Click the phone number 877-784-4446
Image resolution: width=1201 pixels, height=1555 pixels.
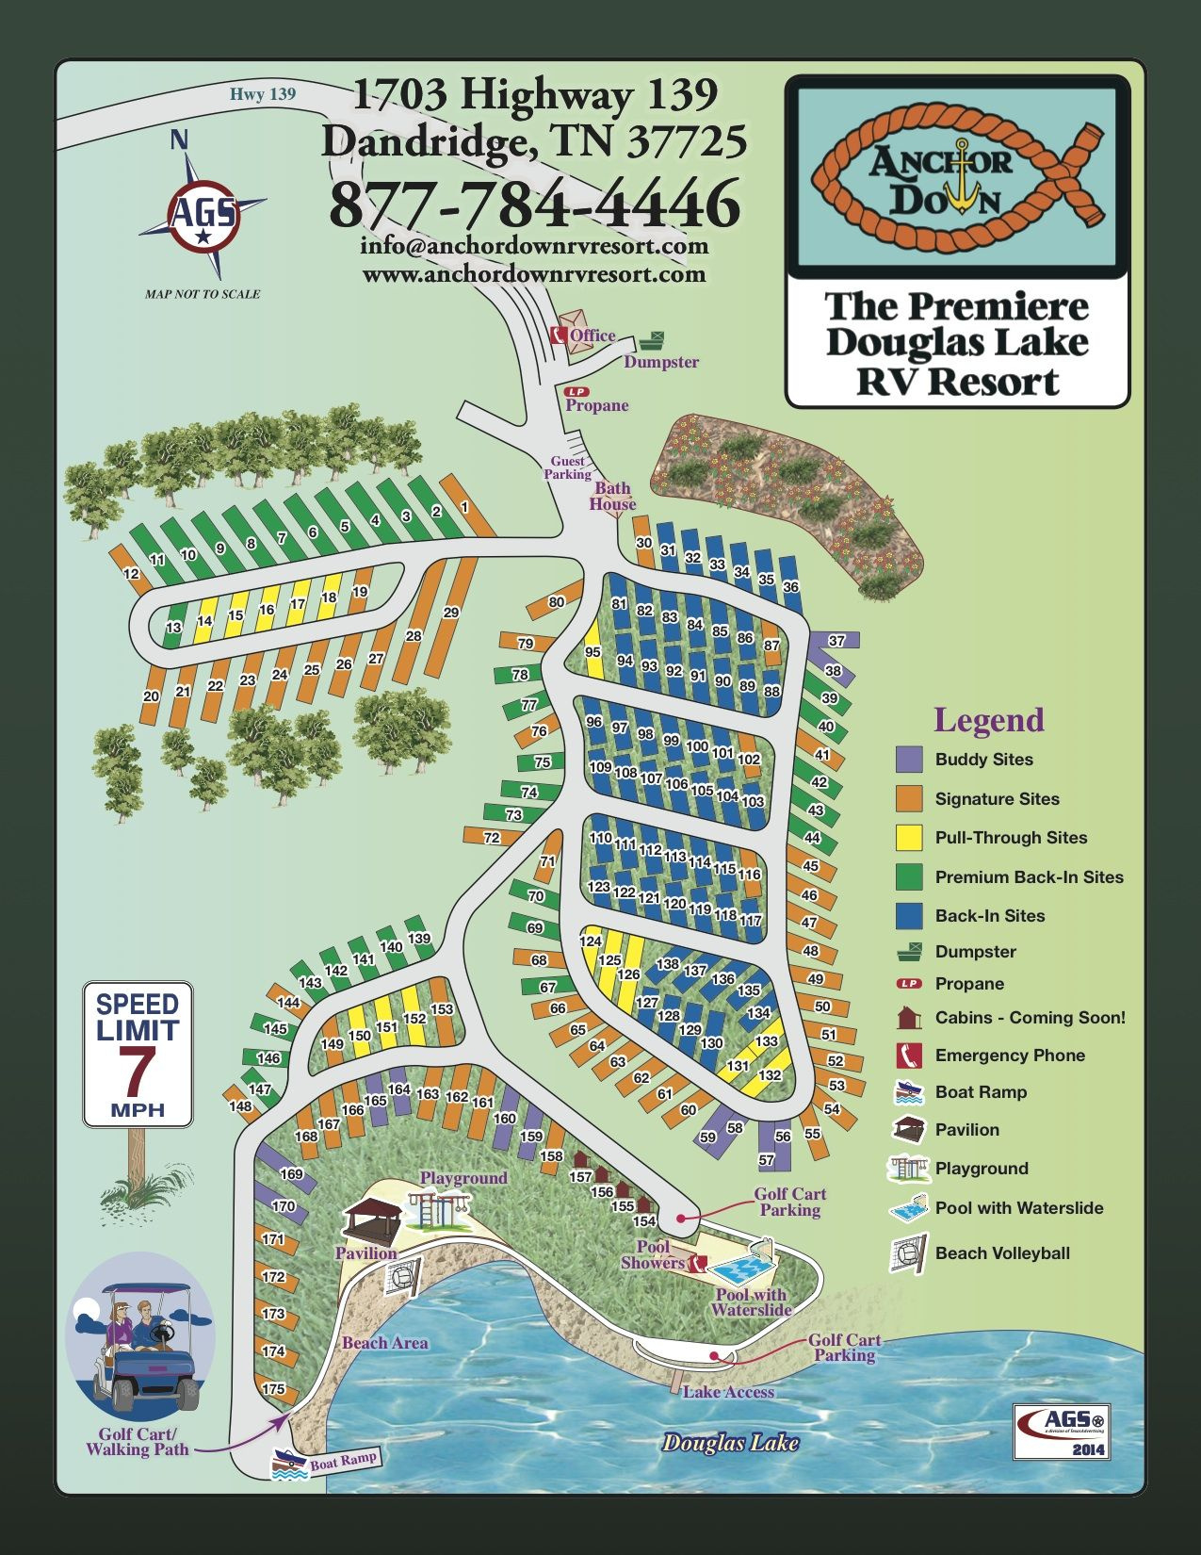pyautogui.click(x=534, y=204)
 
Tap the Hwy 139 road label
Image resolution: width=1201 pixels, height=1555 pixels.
pyautogui.click(x=263, y=94)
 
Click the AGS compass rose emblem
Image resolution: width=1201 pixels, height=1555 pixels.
pyautogui.click(x=203, y=215)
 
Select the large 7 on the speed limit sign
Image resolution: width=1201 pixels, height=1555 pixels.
pyautogui.click(x=138, y=1070)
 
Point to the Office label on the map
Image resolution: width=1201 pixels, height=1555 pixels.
pyautogui.click(x=592, y=336)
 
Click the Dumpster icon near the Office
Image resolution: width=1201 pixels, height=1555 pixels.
pyautogui.click(x=653, y=341)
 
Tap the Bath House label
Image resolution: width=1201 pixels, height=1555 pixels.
pyautogui.click(x=612, y=496)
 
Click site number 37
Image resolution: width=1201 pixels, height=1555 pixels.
pyautogui.click(x=836, y=641)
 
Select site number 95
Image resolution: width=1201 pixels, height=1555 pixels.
pyautogui.click(x=592, y=652)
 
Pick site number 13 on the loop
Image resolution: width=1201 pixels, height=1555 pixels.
pyautogui.click(x=173, y=628)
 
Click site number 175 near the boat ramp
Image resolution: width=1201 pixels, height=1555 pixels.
pyautogui.click(x=273, y=1389)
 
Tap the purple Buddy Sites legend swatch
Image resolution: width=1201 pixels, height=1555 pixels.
pyautogui.click(x=909, y=760)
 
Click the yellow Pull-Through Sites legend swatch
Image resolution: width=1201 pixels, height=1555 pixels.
pyautogui.click(x=909, y=838)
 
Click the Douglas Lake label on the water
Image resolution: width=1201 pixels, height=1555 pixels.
pyautogui.click(x=730, y=1443)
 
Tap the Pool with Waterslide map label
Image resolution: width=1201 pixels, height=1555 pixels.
pyautogui.click(x=751, y=1302)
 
